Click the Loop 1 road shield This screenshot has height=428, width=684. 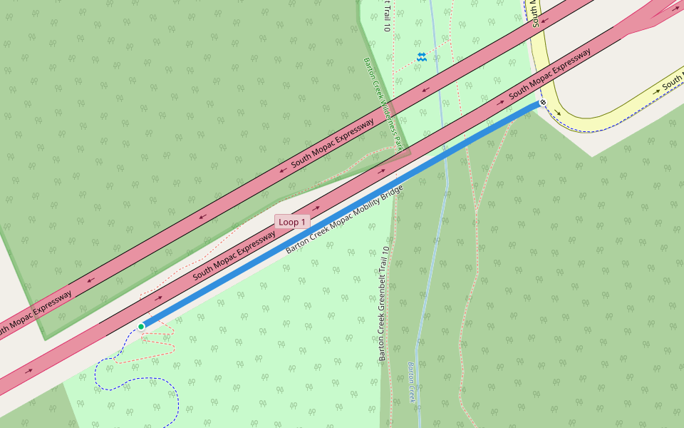click(x=292, y=222)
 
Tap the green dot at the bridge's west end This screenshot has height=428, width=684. click(x=141, y=327)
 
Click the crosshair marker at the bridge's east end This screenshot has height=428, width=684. click(x=543, y=103)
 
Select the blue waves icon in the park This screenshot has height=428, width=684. click(x=422, y=56)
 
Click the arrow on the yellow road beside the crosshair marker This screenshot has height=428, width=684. click(x=558, y=113)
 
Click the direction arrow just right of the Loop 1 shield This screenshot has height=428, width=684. click(x=316, y=209)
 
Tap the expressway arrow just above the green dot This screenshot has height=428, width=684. click(x=158, y=298)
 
